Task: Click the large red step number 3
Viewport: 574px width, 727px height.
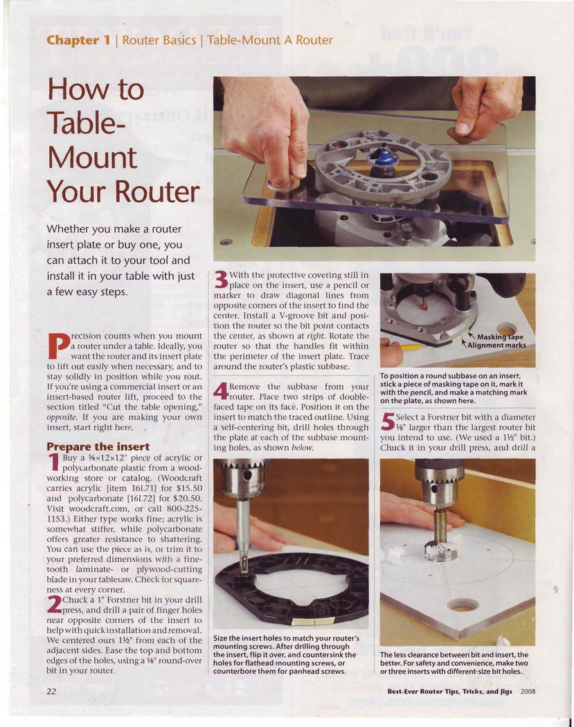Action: tap(221, 280)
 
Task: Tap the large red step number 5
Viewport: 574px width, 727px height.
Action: tap(387, 422)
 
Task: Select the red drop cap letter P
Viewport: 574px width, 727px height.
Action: tap(57, 345)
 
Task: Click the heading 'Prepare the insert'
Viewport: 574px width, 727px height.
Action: tap(98, 447)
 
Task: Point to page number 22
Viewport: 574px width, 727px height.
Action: tap(51, 691)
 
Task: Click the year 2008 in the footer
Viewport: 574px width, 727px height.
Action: tap(528, 691)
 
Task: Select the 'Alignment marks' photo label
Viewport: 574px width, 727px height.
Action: tap(496, 345)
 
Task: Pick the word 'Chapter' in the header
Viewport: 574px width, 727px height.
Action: tap(73, 40)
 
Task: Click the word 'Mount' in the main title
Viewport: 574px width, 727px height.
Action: tap(92, 158)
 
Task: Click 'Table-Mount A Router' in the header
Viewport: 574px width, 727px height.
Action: tap(270, 40)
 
